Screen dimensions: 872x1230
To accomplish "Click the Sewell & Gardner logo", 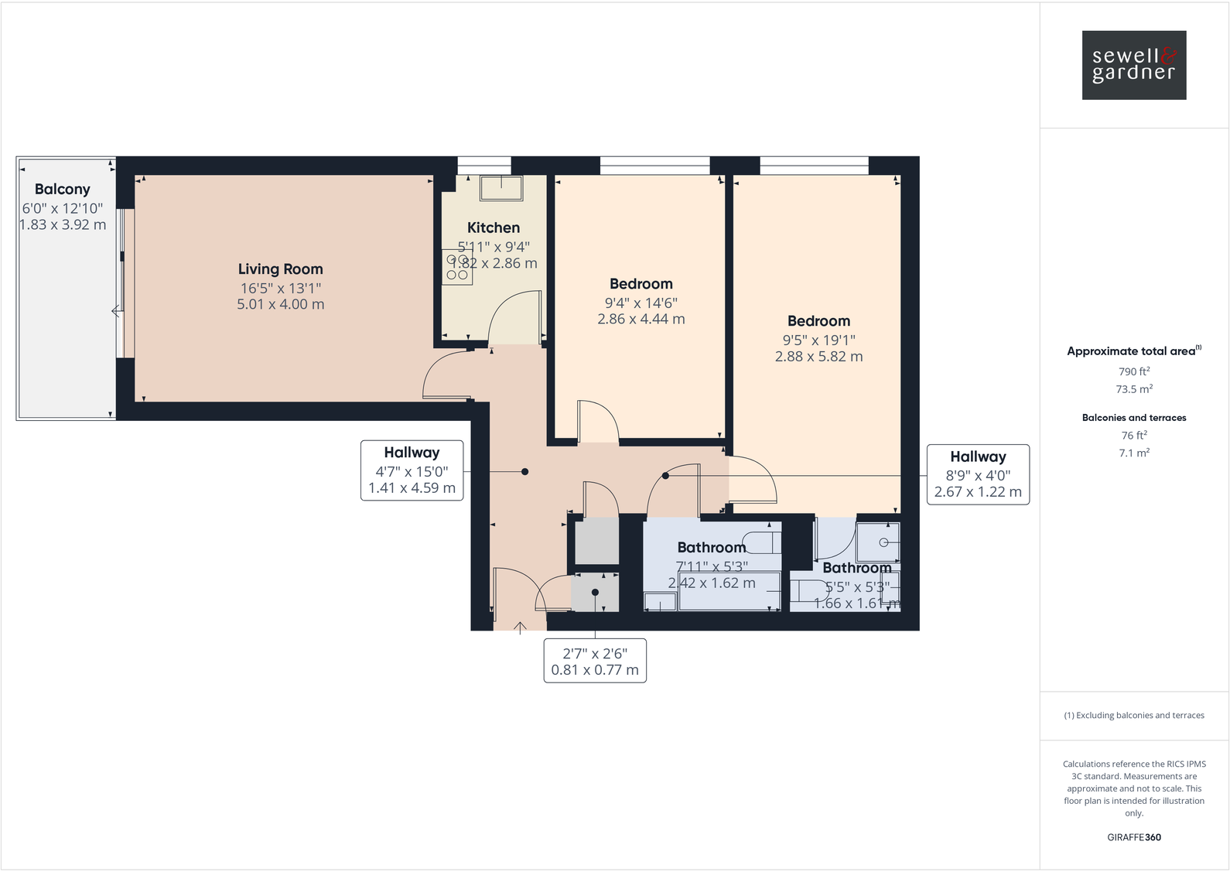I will tap(1133, 65).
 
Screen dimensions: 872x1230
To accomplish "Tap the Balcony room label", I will tap(63, 190).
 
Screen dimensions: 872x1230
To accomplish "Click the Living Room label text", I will tap(280, 269).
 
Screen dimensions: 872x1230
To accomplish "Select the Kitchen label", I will tap(494, 227).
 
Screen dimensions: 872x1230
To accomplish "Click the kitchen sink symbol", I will tap(501, 188).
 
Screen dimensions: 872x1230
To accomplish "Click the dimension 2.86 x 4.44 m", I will tap(641, 319).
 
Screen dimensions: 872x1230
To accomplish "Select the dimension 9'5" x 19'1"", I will tap(818, 340).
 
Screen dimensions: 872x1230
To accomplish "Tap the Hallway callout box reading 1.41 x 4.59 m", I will tap(412, 470).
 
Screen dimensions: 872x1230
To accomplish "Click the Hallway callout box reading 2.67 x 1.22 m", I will tap(978, 474).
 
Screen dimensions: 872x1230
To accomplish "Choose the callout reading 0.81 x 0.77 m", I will tap(595, 661).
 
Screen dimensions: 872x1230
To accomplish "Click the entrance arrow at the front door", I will tap(520, 627).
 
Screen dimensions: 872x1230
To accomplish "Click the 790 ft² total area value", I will tap(1133, 371).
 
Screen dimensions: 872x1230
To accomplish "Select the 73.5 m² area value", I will tap(1133, 389).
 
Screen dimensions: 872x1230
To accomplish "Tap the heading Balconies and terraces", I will tap(1133, 418).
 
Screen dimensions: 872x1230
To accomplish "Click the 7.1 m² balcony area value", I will tap(1133, 453).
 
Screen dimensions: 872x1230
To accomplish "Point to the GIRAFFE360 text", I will tap(1133, 837).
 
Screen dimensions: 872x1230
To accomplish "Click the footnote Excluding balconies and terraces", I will tap(1133, 716).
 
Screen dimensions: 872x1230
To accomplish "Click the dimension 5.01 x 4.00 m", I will tap(280, 305).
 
